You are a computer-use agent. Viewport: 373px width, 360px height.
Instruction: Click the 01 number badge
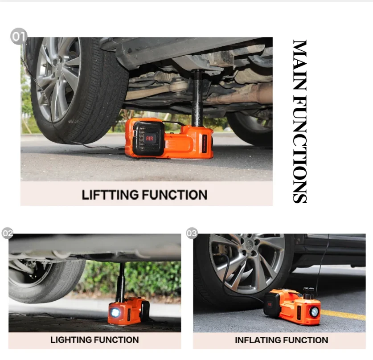[x=19, y=36]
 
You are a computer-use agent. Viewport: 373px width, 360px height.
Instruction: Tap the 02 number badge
[x=8, y=233]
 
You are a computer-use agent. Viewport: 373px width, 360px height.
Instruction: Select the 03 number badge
[x=192, y=233]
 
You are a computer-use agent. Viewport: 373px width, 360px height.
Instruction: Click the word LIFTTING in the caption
[x=110, y=195]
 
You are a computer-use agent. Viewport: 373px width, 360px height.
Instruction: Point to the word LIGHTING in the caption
[x=71, y=340]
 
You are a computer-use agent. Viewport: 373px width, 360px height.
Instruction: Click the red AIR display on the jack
[x=149, y=139]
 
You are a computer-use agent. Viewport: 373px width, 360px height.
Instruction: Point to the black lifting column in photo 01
[x=197, y=98]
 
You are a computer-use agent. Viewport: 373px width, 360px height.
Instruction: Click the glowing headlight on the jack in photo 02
[x=115, y=312]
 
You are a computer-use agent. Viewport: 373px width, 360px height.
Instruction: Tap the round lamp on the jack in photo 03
[x=315, y=312]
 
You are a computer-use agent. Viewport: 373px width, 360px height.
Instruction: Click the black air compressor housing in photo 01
[x=148, y=138]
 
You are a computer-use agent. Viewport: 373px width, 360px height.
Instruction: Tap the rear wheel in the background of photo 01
[x=250, y=128]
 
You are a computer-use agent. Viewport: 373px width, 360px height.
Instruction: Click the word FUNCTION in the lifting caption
[x=175, y=195]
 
